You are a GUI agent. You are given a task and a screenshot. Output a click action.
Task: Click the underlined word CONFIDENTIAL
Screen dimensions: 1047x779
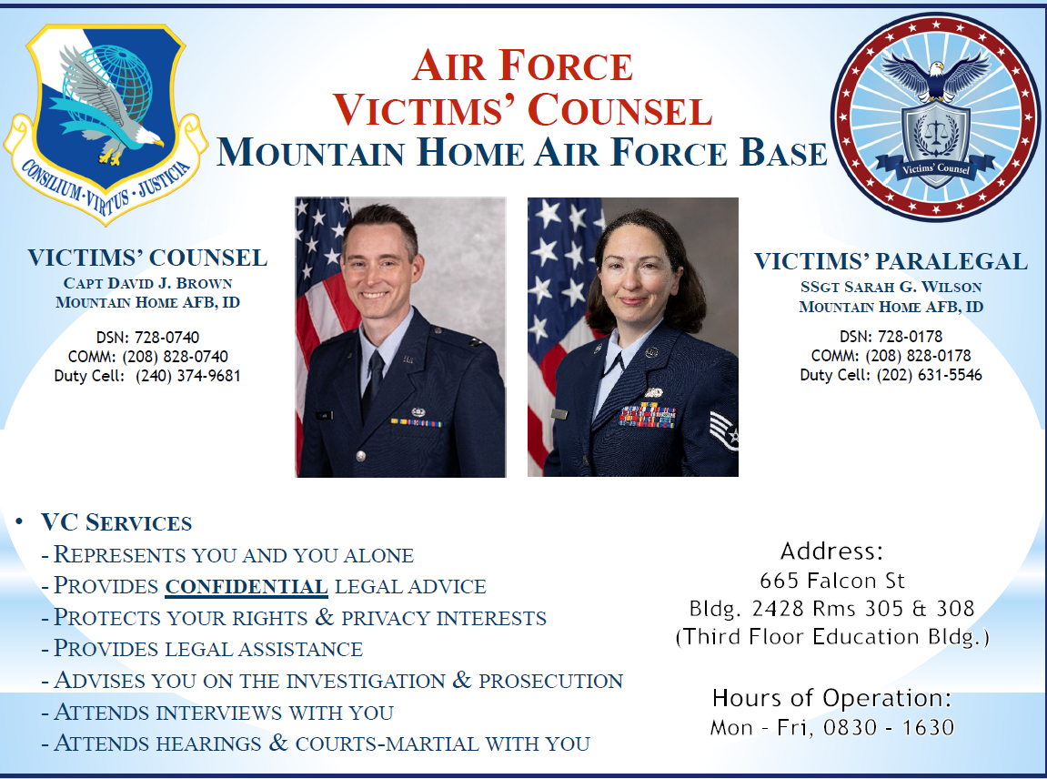(247, 587)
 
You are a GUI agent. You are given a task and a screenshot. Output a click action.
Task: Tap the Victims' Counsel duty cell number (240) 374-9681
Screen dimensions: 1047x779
(187, 376)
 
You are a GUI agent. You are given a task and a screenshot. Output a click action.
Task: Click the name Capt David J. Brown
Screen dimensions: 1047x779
(147, 283)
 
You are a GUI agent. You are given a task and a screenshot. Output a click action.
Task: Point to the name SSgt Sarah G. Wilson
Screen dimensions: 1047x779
(891, 288)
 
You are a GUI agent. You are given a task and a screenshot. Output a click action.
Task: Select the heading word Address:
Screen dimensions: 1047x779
(831, 551)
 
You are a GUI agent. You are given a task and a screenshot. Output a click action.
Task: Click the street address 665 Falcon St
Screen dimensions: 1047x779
(832, 581)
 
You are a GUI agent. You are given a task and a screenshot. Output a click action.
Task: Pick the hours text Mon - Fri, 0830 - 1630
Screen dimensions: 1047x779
(832, 727)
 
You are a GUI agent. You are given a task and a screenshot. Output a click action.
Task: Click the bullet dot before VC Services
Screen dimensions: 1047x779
(19, 521)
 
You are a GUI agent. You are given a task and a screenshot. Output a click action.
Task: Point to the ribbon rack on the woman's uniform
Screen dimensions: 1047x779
(647, 416)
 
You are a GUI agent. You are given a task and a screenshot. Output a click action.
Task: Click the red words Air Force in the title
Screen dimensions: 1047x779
(522, 66)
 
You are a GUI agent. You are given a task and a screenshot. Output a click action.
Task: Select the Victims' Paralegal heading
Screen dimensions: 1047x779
(891, 261)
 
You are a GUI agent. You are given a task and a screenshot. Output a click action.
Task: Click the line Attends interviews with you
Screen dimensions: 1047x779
(224, 713)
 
